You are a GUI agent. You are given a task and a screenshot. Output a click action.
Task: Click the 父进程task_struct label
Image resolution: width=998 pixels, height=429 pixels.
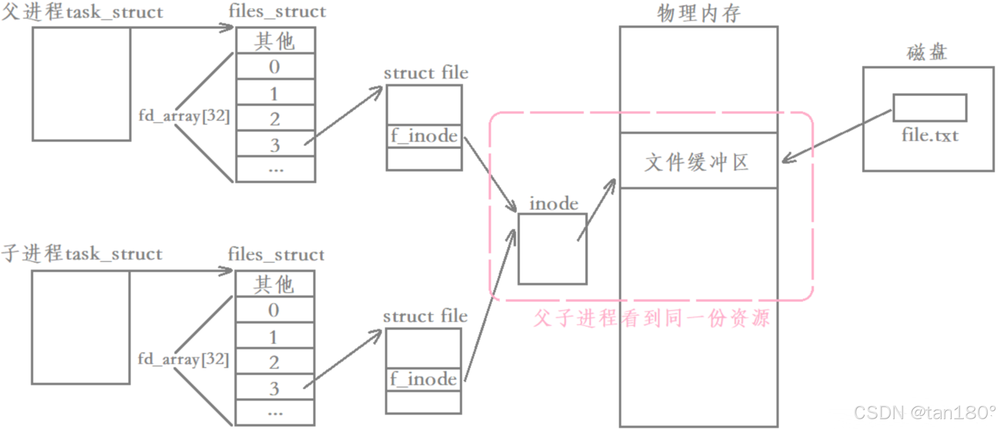[82, 11]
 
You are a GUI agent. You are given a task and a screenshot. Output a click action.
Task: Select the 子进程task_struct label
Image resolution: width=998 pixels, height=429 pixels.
[82, 254]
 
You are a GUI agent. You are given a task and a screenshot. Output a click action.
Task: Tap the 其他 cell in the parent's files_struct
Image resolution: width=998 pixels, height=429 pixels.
[275, 41]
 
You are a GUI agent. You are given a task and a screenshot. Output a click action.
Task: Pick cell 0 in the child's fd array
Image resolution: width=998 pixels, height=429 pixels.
[274, 310]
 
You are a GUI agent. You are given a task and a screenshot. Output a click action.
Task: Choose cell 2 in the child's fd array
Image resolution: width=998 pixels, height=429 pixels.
[274, 362]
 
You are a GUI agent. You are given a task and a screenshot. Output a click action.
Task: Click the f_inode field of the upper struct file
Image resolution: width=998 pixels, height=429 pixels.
[424, 136]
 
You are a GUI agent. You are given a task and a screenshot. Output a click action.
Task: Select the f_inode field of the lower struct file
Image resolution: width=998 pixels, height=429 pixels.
[424, 379]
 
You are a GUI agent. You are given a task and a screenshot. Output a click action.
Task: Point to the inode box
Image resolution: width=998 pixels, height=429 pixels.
[553, 249]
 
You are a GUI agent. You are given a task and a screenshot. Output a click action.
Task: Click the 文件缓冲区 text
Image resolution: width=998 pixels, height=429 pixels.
[697, 162]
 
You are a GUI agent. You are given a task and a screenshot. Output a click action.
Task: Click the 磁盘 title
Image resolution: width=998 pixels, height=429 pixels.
[927, 52]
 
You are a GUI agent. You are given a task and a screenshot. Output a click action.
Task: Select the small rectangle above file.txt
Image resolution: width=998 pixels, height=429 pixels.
[930, 108]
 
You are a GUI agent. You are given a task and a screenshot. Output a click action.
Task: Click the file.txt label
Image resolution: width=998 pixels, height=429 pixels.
[930, 135]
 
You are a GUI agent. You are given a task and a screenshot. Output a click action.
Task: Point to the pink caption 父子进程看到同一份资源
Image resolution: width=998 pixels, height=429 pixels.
[651, 318]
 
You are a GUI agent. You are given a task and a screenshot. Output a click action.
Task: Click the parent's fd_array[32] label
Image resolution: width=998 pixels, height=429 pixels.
[184, 115]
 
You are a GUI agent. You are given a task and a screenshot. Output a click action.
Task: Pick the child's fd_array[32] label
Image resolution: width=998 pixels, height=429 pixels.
[183, 359]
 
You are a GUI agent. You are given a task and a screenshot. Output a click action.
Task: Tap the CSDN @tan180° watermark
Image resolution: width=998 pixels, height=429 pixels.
[924, 412]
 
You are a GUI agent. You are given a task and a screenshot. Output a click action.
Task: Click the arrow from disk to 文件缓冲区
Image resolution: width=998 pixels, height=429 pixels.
[837, 136]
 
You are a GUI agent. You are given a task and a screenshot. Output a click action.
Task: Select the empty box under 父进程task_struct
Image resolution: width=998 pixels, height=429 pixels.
[82, 84]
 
